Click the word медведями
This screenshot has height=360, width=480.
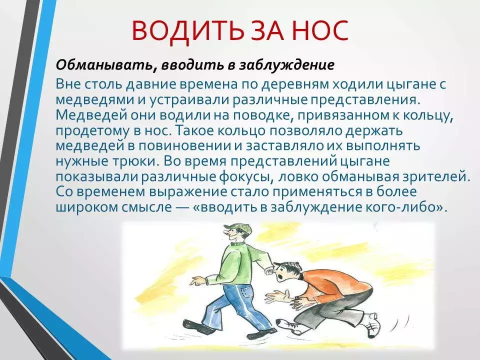(91, 100)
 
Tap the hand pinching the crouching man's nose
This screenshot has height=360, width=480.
(269, 270)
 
